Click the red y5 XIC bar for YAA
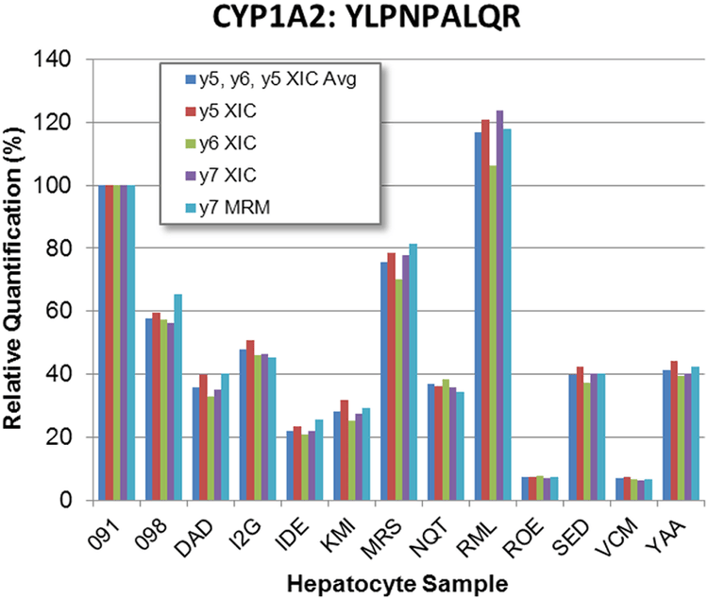pos(673,430)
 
